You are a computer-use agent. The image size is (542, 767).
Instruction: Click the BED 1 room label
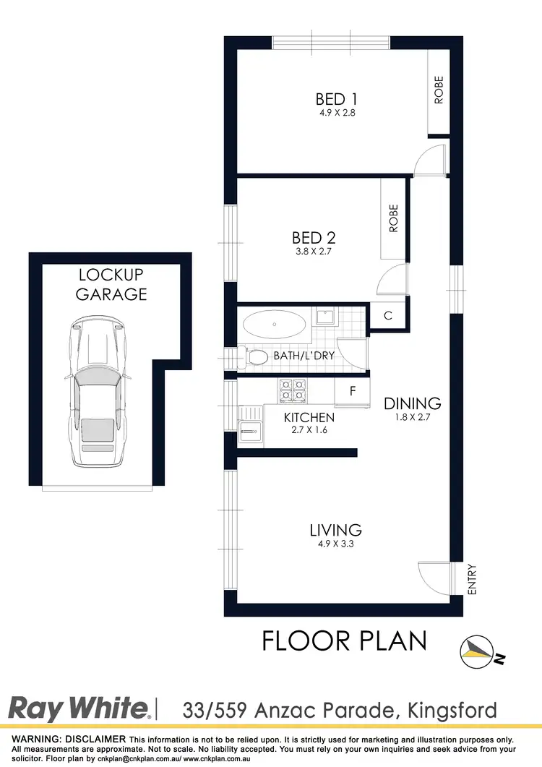[x=336, y=99]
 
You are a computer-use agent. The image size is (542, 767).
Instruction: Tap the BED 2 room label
[x=314, y=237]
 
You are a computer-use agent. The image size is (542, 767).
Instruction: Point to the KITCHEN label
[x=309, y=417]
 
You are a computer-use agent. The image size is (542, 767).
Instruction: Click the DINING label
[x=413, y=403]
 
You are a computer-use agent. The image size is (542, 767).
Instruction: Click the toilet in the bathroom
[x=256, y=356]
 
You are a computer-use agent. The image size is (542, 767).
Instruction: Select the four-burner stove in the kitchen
[x=292, y=390]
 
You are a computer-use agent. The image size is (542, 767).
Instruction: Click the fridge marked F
[x=353, y=391]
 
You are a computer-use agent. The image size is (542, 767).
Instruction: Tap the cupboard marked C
[x=388, y=316]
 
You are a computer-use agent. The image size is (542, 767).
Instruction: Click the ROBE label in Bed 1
[x=439, y=90]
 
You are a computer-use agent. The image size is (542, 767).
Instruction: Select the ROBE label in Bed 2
[x=394, y=218]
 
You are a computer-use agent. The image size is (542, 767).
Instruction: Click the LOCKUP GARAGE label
[x=112, y=284]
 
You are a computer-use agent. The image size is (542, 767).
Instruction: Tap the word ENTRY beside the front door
[x=473, y=579]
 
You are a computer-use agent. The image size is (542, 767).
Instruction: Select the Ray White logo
[x=79, y=708]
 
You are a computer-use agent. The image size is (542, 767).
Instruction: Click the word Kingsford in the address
[x=449, y=709]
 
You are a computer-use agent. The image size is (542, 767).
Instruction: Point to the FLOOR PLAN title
[x=344, y=640]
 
